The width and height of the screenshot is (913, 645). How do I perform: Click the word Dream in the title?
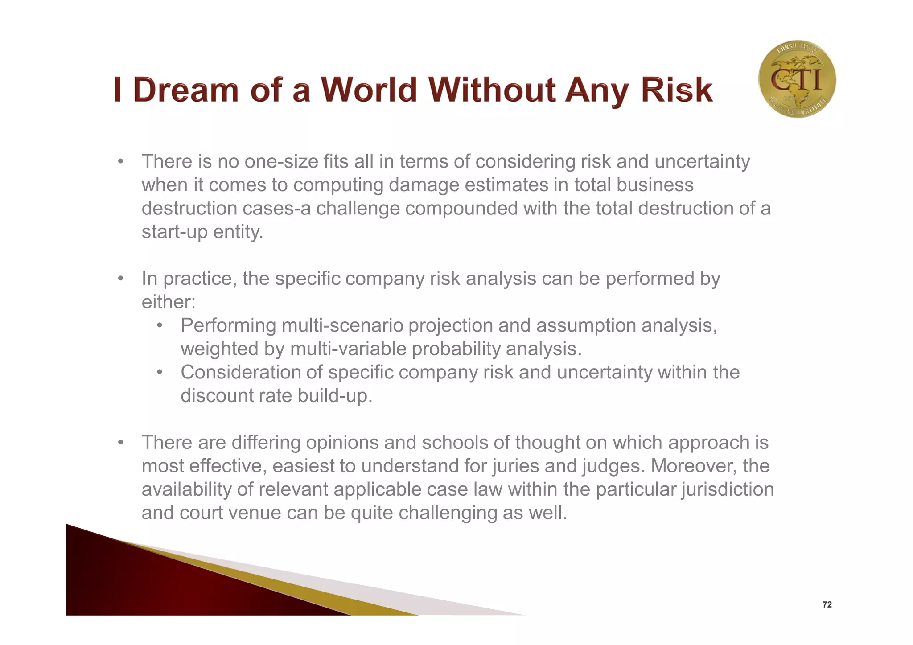tap(186, 90)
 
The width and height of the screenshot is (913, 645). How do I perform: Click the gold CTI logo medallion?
tap(797, 79)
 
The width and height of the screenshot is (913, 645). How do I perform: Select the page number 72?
tap(827, 605)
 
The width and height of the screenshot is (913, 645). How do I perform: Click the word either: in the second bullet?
tap(169, 302)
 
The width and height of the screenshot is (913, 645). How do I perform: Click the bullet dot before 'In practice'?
tap(120, 279)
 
